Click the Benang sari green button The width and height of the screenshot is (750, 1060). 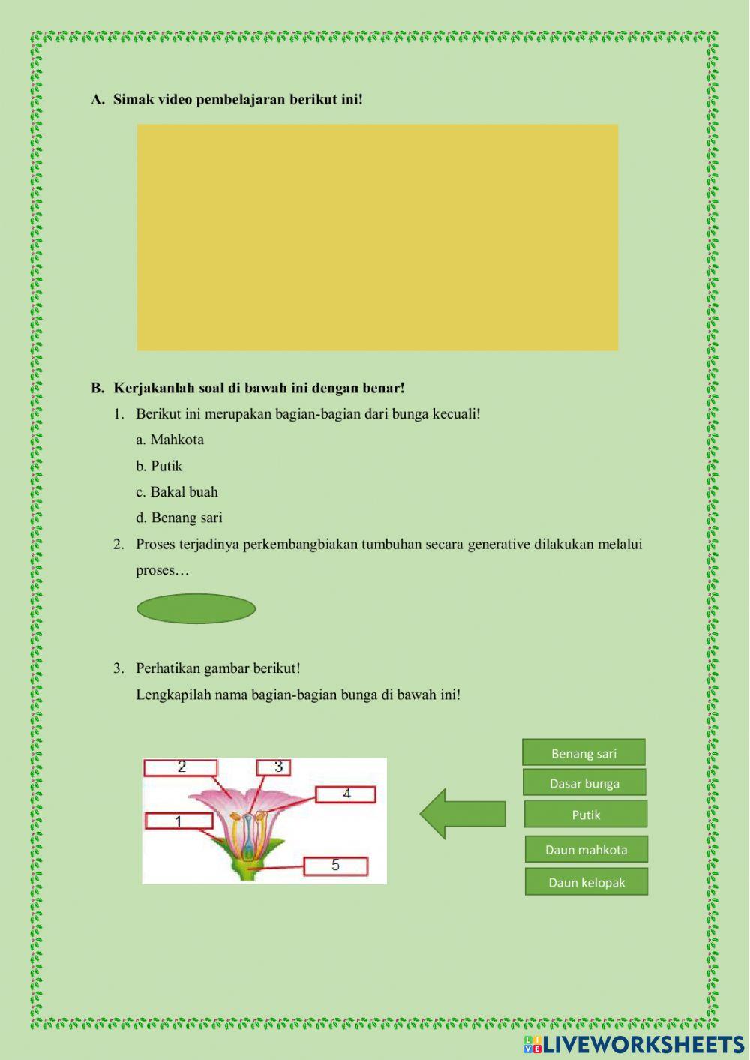pos(583,752)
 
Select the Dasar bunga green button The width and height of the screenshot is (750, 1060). pos(584,783)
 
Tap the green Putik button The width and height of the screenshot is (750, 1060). pos(586,815)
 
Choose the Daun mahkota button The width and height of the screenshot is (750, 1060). pos(586,849)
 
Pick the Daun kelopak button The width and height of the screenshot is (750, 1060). pos(586,882)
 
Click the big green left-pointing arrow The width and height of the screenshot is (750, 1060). pos(462,814)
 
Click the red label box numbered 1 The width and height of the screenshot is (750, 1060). pos(179,821)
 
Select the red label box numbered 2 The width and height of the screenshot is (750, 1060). pos(181,767)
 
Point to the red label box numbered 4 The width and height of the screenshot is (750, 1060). pos(346,794)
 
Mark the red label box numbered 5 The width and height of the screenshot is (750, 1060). pos(335,866)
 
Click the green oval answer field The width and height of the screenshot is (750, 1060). pos(196,608)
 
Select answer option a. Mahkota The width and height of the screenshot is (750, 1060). pos(170,440)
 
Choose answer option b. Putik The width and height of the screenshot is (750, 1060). pos(159,466)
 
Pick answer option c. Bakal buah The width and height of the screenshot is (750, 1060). pos(177,492)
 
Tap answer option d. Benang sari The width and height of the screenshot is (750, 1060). pos(179,518)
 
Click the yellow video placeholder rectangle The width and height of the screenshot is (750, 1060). pos(377,237)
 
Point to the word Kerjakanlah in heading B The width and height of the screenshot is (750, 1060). pos(149,388)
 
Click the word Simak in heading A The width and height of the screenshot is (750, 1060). pos(132,99)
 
